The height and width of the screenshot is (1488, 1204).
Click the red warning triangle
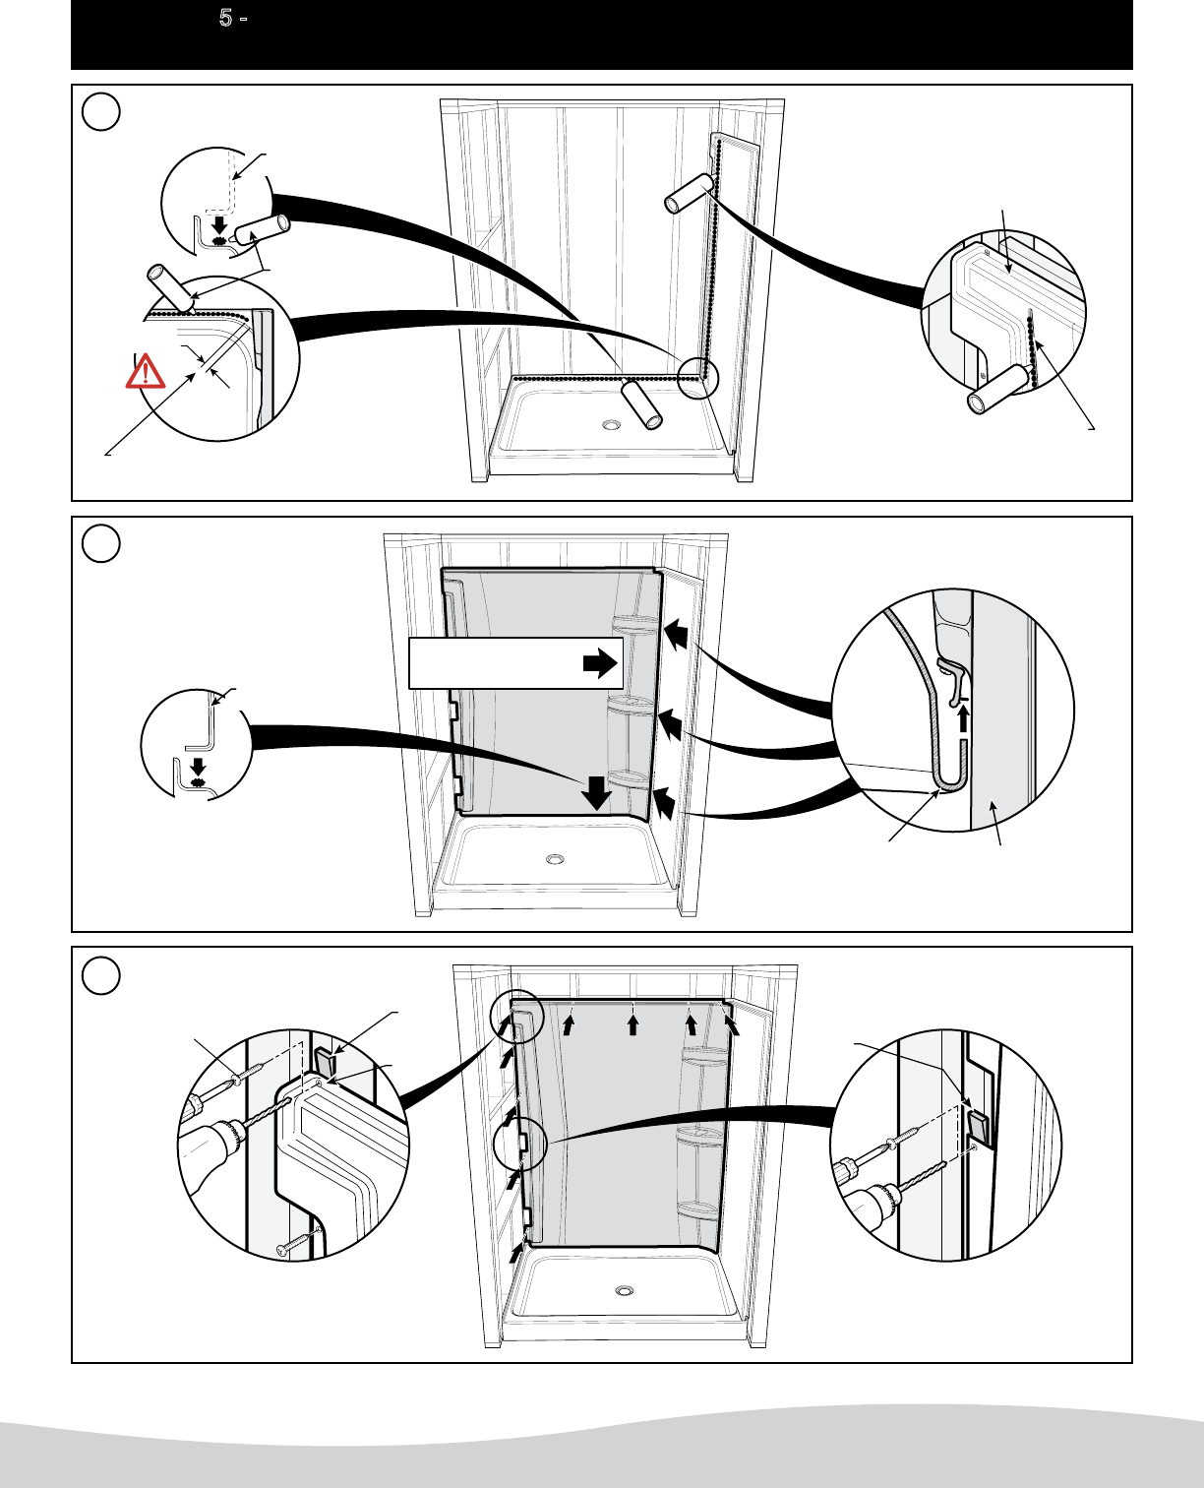coord(146,371)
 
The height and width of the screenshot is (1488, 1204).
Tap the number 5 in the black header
coord(225,19)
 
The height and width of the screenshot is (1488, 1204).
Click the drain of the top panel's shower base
coord(612,425)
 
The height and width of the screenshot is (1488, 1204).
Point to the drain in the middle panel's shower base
coord(556,858)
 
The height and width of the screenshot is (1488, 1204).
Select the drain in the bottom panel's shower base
coord(624,1290)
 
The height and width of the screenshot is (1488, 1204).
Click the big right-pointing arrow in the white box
coord(599,664)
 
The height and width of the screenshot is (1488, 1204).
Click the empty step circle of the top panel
coord(101,112)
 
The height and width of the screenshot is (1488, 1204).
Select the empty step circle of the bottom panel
coord(101,975)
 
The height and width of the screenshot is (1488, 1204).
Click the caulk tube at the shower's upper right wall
coord(689,193)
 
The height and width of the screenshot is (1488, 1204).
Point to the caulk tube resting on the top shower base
coord(642,404)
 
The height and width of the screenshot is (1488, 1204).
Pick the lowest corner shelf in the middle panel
coord(628,779)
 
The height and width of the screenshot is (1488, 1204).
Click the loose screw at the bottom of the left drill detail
coord(298,1242)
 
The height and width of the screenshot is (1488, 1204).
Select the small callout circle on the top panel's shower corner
coord(699,376)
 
